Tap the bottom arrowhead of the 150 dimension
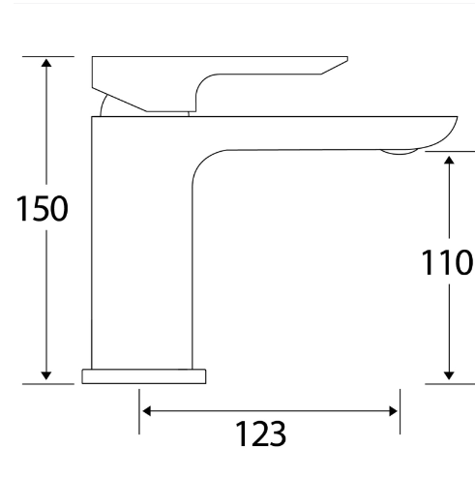(x=45, y=375)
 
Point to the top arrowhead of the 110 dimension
(x=450, y=159)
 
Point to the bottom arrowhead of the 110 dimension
(x=450, y=375)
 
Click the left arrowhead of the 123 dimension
(x=148, y=411)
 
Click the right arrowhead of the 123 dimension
(x=392, y=411)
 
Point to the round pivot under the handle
(x=104, y=105)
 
